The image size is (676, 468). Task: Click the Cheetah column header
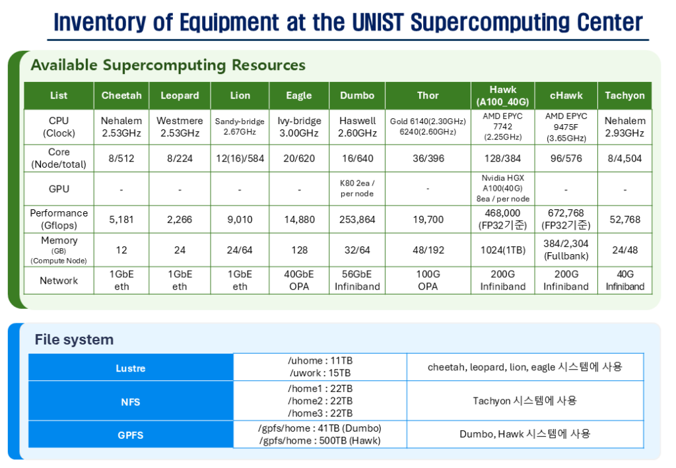click(121, 95)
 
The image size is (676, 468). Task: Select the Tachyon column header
click(625, 95)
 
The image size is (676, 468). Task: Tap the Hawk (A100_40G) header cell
click(502, 95)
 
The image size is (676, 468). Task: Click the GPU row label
click(59, 189)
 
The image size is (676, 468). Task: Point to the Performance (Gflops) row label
click(59, 219)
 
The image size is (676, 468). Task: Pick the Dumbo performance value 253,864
click(357, 219)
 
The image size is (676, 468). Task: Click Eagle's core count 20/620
click(299, 158)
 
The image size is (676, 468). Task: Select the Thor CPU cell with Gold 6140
click(428, 127)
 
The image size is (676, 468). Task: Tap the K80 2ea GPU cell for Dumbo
click(357, 189)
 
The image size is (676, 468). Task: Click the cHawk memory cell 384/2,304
click(566, 250)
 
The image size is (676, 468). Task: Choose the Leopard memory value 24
click(180, 250)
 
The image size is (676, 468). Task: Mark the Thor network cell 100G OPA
click(428, 281)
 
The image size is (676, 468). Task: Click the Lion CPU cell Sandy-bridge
click(240, 127)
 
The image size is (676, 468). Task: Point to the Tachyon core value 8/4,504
click(625, 158)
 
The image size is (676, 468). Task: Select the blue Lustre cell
click(131, 368)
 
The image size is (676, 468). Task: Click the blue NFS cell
click(131, 401)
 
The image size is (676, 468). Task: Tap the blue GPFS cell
click(131, 435)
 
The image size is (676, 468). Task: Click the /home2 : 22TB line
click(320, 401)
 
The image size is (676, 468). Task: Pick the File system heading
click(74, 339)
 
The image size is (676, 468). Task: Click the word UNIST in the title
click(378, 22)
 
